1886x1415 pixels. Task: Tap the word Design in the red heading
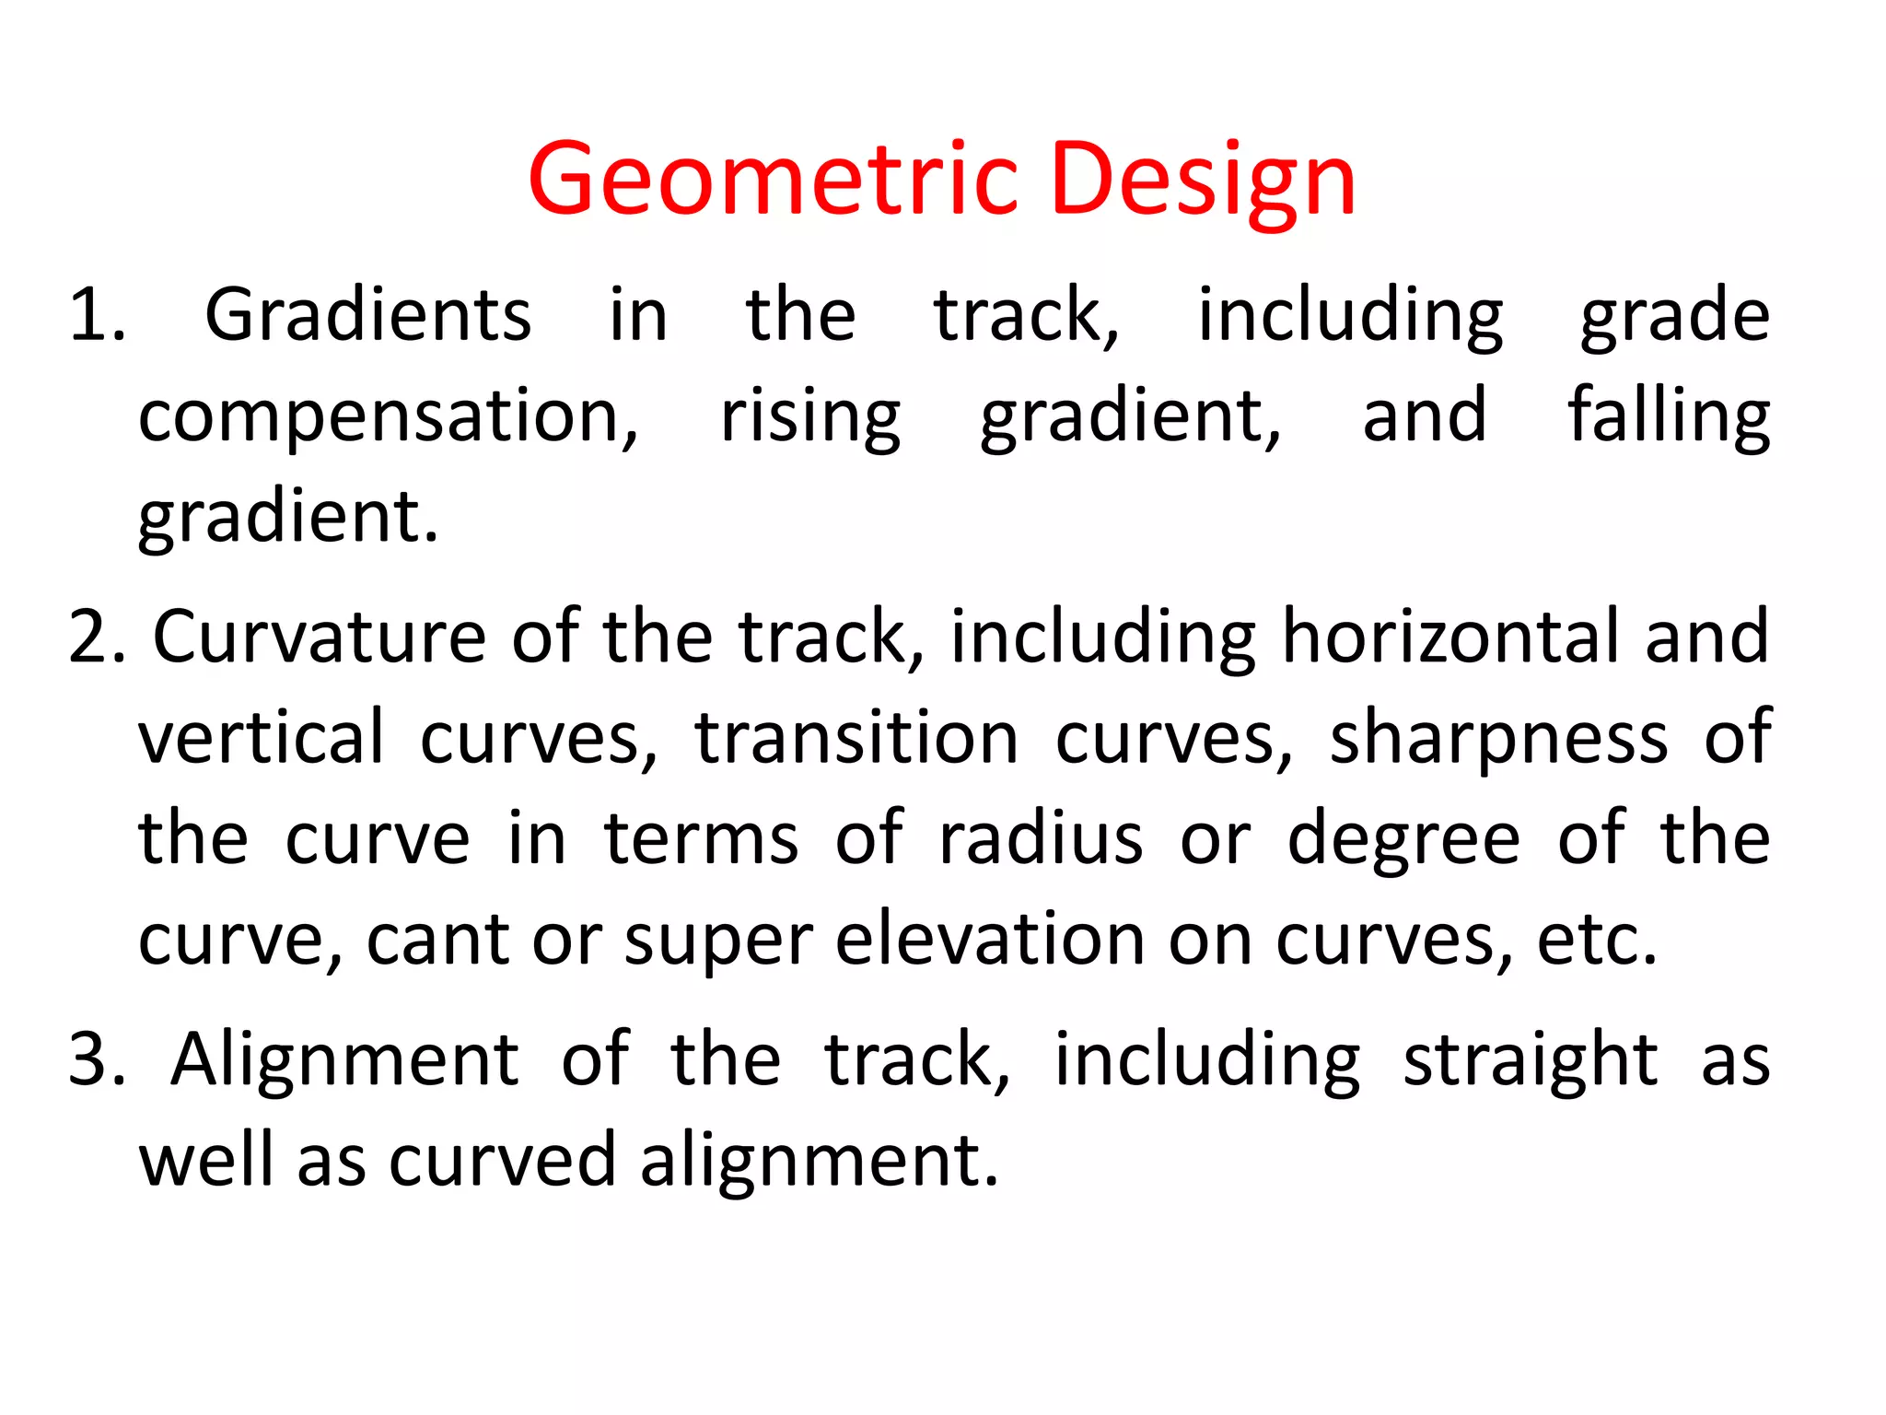[x=1202, y=180]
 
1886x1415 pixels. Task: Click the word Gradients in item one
[x=367, y=315]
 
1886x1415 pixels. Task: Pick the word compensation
[x=388, y=416]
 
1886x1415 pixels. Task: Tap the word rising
[x=809, y=416]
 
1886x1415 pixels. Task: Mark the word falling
[x=1669, y=416]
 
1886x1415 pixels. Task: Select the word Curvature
[x=319, y=637]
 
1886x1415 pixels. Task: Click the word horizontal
[x=1450, y=637]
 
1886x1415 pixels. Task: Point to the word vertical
[x=261, y=738]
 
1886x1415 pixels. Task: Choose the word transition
[x=856, y=738]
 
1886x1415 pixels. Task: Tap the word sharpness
[x=1498, y=738]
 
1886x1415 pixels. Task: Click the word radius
[x=1041, y=839]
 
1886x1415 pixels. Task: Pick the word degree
[x=1403, y=841]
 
